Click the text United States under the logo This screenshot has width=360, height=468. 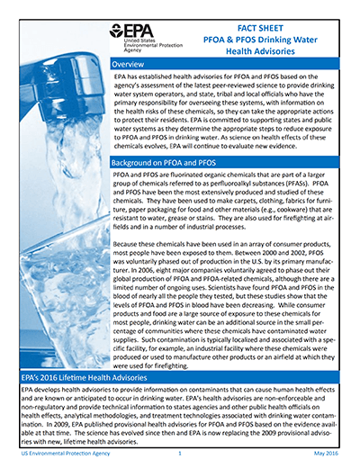(124, 42)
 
